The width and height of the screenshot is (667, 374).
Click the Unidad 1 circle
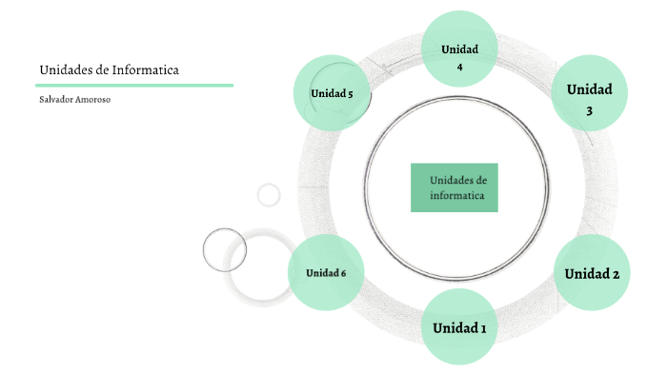[459, 327]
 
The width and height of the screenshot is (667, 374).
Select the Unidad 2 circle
[591, 272]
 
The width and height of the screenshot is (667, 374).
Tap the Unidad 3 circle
[589, 92]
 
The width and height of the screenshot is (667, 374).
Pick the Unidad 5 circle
[332, 92]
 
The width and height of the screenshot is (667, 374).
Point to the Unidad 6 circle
[326, 273]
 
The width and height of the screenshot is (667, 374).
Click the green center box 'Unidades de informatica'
[454, 187]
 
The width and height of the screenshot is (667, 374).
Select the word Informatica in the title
[145, 69]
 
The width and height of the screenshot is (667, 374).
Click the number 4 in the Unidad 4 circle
[459, 68]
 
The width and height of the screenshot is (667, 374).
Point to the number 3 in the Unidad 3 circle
[589, 111]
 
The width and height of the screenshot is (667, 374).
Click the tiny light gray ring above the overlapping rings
[269, 194]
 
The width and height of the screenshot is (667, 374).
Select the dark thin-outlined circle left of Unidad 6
[225, 249]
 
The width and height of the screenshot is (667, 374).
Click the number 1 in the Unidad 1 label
[482, 328]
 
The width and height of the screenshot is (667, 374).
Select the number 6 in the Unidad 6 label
[343, 274]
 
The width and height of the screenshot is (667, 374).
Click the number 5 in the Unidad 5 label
[350, 93]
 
